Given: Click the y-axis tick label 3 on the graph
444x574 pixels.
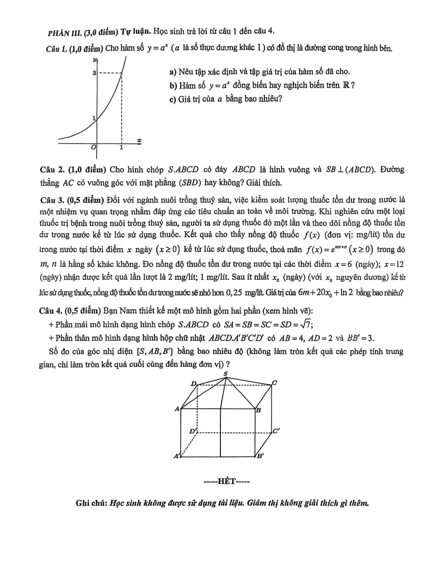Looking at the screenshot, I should point(94,72).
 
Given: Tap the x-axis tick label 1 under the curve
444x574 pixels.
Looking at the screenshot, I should point(121,147).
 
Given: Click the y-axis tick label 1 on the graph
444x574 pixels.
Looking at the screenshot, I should point(94,118).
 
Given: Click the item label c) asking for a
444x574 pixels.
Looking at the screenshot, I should point(174,99).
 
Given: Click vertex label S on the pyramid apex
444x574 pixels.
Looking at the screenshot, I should point(226,373).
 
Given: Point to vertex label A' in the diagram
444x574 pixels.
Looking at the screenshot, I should point(176,457).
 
